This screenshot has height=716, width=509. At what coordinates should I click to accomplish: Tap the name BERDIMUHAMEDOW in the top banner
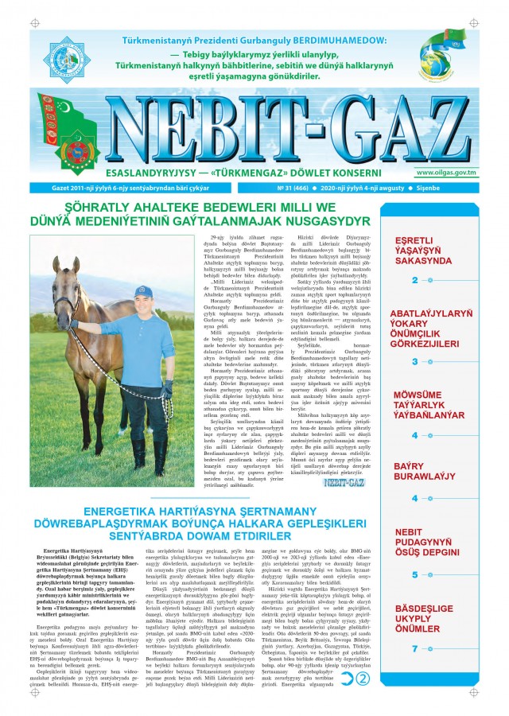pyautogui.click(x=339, y=40)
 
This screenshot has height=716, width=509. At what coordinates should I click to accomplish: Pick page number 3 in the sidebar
pyautogui.click(x=415, y=361)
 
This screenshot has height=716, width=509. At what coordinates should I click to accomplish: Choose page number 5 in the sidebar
pyautogui.click(x=415, y=574)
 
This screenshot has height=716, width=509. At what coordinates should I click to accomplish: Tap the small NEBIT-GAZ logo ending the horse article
pyautogui.click(x=342, y=481)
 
